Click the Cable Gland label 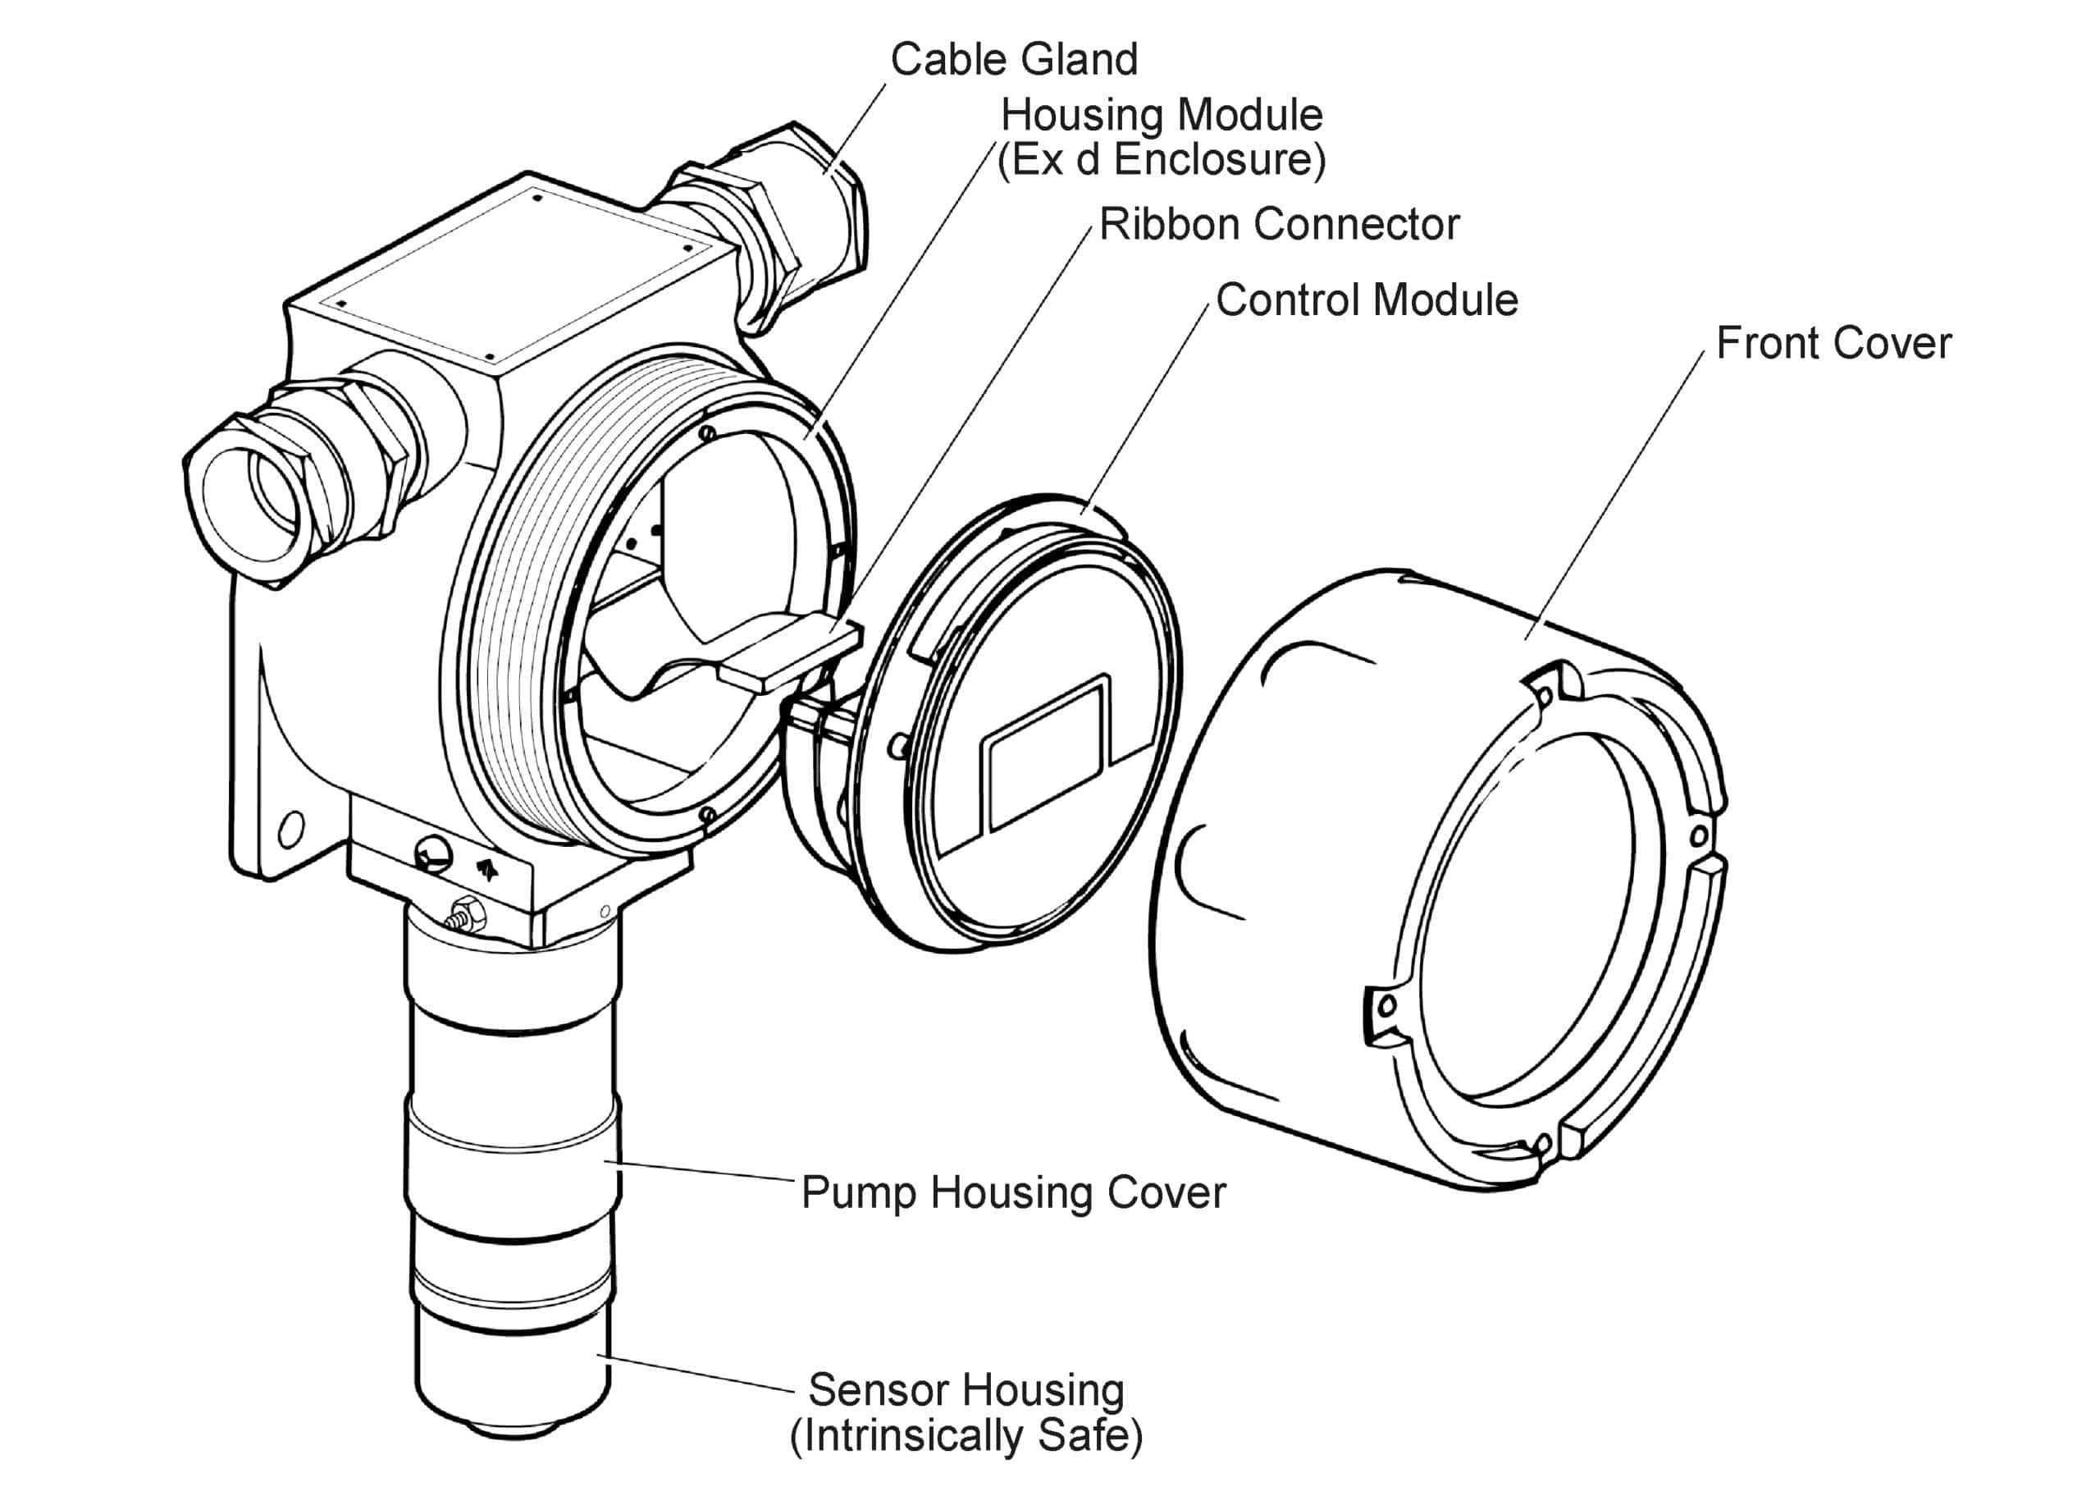[1014, 59]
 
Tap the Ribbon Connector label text [1280, 225]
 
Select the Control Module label [1367, 300]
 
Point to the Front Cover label [1833, 344]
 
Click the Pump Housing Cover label [1014, 1192]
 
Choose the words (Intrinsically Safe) [966, 1435]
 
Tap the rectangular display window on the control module [1049, 753]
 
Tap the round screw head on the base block [432, 851]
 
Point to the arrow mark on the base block [487, 868]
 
